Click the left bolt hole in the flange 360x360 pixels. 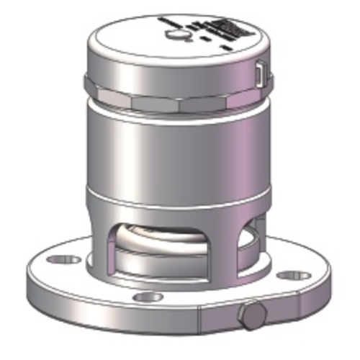click(x=66, y=257)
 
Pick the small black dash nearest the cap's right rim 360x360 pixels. click(x=228, y=48)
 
